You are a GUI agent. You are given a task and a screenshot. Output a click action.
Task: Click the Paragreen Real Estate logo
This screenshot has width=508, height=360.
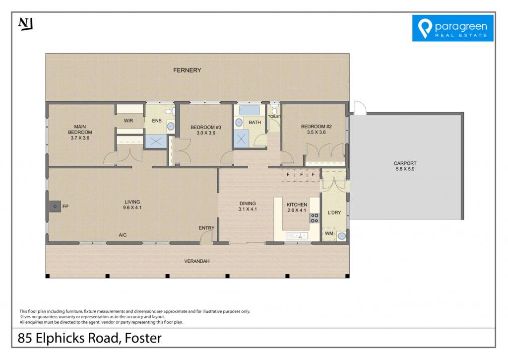[x=452, y=28]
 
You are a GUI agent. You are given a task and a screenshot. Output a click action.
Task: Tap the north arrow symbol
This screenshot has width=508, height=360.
[x=26, y=24]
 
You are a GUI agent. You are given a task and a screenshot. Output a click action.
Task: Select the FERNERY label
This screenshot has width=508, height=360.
[x=187, y=70]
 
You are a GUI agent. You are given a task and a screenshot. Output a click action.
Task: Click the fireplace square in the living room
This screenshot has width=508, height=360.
[x=55, y=206]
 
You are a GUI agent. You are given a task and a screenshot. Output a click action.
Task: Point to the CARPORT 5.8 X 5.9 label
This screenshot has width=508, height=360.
[x=405, y=166]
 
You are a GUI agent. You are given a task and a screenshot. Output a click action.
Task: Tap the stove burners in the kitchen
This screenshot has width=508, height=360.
[x=314, y=218]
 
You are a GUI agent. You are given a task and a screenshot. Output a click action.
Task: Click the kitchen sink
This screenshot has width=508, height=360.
[x=297, y=235]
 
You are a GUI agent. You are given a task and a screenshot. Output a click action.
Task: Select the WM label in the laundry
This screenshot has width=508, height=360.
[x=329, y=233]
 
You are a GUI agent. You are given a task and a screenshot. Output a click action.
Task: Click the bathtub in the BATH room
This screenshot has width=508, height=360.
[x=249, y=110]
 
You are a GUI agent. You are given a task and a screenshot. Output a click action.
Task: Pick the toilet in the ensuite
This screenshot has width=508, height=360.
[x=170, y=112]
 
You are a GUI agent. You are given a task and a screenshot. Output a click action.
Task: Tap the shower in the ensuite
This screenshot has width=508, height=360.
[x=156, y=142]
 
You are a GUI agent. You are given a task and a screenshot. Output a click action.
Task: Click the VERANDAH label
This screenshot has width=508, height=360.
[x=196, y=261]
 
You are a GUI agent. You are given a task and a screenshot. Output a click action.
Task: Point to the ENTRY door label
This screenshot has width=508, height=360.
[x=206, y=228]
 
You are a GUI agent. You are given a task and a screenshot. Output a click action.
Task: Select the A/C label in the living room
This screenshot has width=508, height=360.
[x=123, y=235]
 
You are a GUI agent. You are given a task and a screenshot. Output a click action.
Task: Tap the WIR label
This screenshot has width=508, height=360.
[x=128, y=121]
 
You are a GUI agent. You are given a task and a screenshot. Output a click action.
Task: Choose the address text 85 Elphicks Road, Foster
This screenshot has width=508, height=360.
[x=89, y=338]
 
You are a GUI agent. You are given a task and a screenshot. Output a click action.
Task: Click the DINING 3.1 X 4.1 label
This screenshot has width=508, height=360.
[x=248, y=206]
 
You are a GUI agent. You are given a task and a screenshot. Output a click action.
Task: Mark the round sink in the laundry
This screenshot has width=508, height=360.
[x=341, y=236]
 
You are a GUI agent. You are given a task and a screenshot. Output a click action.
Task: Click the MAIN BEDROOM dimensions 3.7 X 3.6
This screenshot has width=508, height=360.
[x=80, y=138]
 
